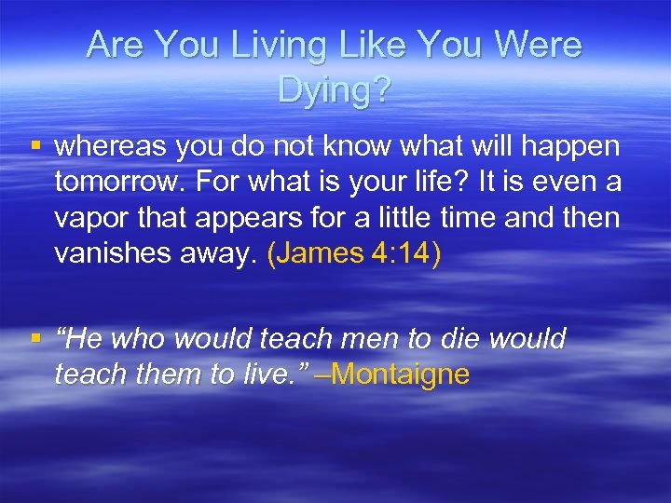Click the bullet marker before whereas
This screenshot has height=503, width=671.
(35, 147)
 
